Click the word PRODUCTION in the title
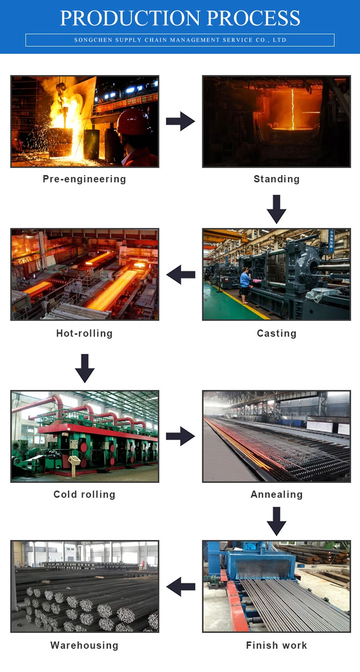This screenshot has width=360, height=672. click(x=130, y=18)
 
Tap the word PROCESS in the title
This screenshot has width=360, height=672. click(x=253, y=18)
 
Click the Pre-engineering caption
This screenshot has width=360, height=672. click(x=84, y=179)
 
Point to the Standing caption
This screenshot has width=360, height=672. click(x=276, y=179)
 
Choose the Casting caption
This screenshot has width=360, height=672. click(x=276, y=333)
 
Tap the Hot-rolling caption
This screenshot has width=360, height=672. click(x=84, y=333)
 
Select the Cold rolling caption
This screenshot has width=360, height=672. click(x=84, y=494)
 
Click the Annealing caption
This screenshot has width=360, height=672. click(x=276, y=494)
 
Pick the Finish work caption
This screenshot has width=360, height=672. click(x=276, y=645)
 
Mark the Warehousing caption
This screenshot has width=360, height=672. click(x=84, y=645)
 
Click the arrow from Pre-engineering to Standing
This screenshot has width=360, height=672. click(x=180, y=121)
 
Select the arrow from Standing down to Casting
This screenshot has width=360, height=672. click(x=276, y=209)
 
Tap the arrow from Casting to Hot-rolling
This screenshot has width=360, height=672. click(x=181, y=274)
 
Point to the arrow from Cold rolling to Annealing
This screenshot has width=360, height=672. click(x=180, y=436)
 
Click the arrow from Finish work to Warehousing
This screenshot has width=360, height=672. click(x=181, y=586)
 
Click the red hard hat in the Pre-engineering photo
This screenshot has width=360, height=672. click(x=134, y=122)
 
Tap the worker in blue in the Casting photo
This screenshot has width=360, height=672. click(x=245, y=285)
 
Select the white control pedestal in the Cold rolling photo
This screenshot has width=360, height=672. click(x=74, y=465)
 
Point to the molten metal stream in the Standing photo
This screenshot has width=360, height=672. click(x=293, y=109)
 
